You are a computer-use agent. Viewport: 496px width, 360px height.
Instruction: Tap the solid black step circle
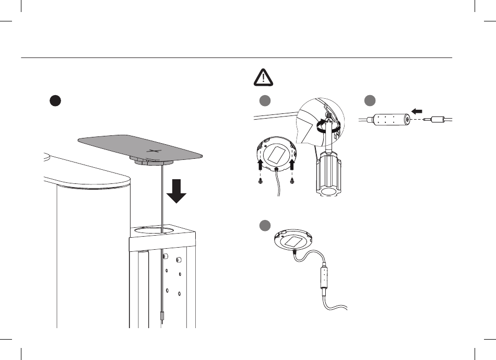coord(55,101)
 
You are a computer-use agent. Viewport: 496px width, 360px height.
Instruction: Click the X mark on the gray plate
coord(152,152)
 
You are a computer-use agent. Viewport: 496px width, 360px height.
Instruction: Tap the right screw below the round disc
coord(292,181)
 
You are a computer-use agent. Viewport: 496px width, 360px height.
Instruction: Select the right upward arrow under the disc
coord(292,167)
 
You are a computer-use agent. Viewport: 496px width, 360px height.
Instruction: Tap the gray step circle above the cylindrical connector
coord(370,101)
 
